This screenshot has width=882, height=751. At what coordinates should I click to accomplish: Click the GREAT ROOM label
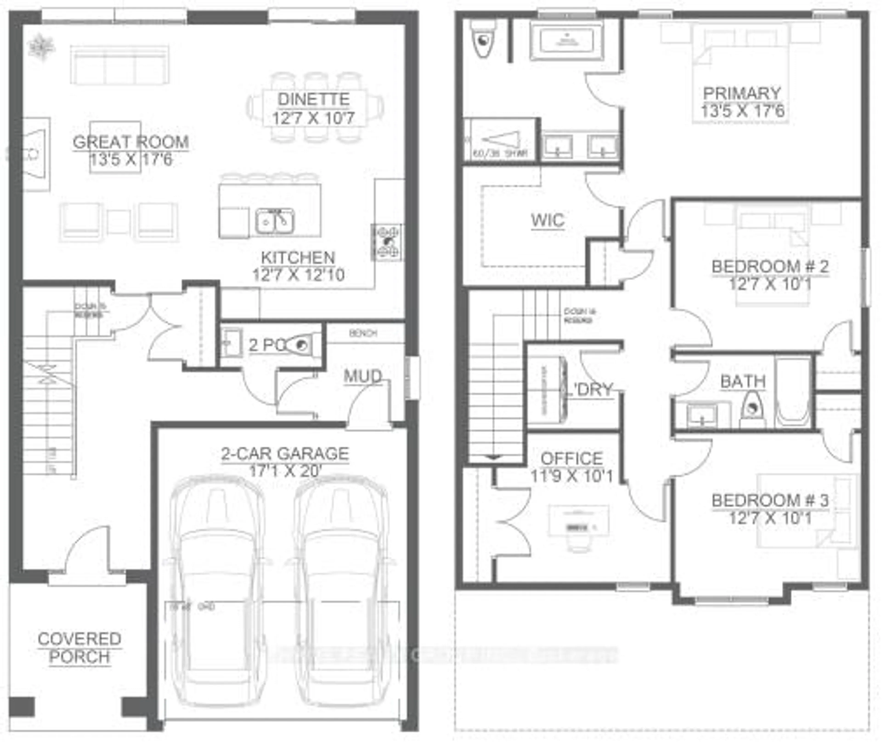pos(131,142)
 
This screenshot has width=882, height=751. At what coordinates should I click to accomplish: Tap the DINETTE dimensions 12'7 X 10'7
pos(313,118)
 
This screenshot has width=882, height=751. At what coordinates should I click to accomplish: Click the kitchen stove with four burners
pos(387,242)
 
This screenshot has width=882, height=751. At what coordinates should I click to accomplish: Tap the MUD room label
pos(363,376)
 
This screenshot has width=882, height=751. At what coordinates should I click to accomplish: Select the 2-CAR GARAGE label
pos(285,454)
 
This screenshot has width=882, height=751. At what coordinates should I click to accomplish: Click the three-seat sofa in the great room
pos(120,65)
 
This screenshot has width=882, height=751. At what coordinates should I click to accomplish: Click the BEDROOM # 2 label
pos(770,267)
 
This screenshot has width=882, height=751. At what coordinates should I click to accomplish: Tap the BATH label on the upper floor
pos(743,381)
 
